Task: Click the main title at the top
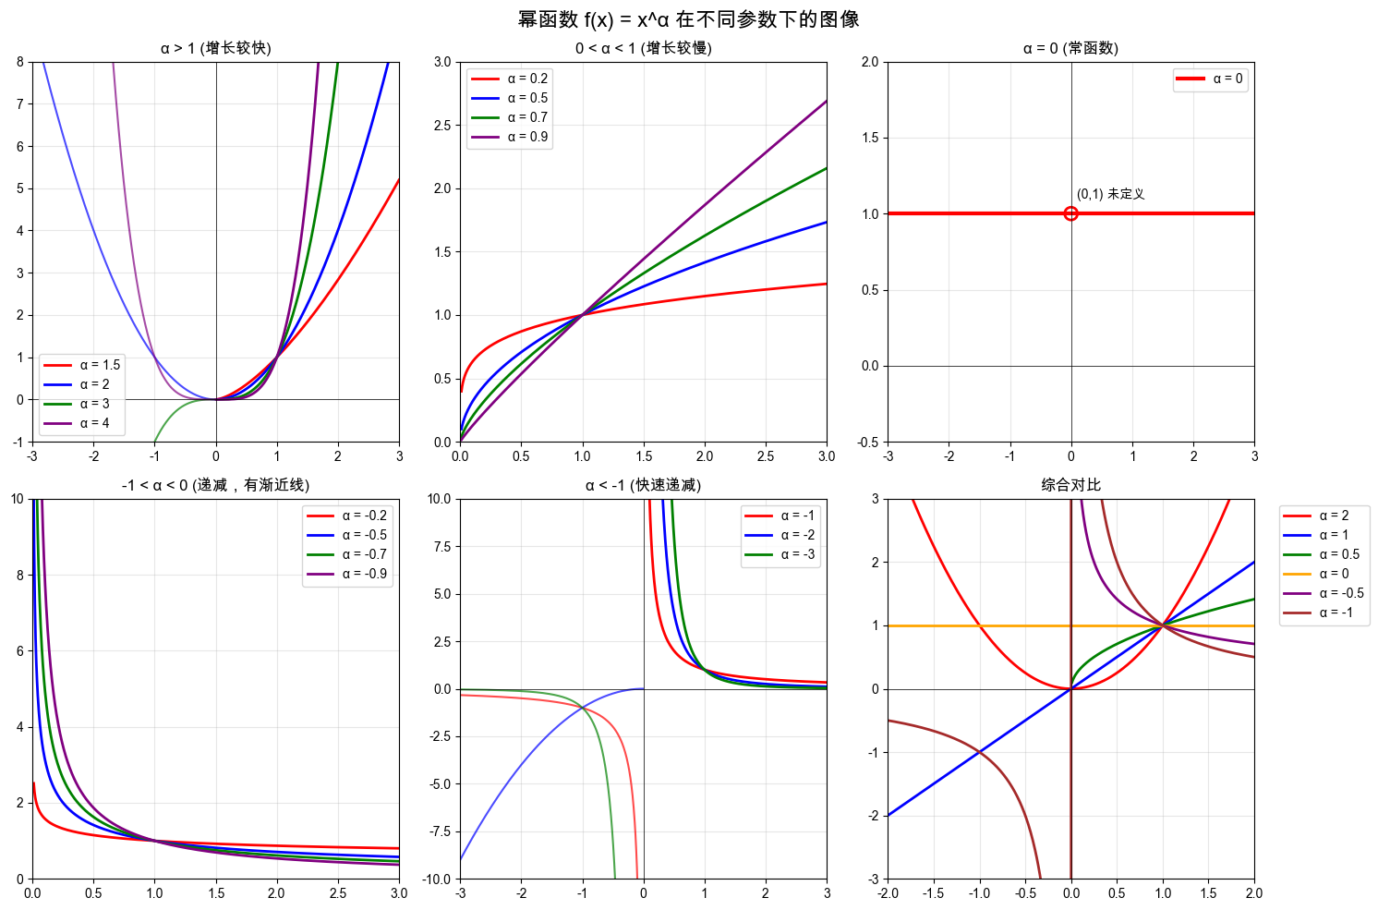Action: coord(689,19)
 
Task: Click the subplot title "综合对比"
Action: coord(1070,485)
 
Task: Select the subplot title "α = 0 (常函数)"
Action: coord(1070,48)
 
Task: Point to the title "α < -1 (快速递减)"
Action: coord(643,485)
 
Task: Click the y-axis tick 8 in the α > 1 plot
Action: coord(20,62)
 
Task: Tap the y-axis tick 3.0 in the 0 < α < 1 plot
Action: coord(442,62)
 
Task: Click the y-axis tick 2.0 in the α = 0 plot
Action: coord(870,62)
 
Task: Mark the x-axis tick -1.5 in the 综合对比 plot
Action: coord(933,893)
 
